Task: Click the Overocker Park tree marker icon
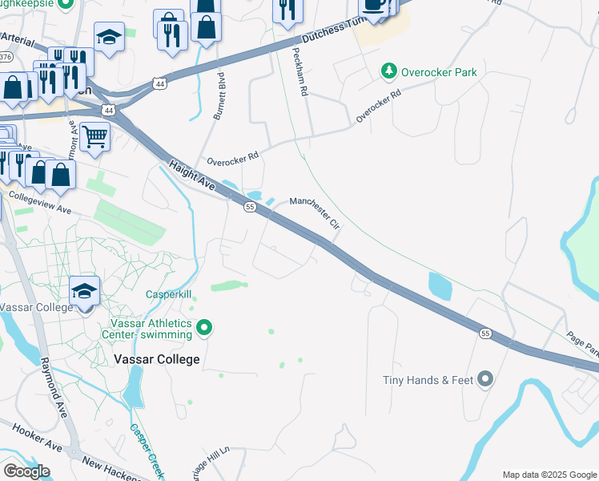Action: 389,72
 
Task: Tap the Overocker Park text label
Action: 439,73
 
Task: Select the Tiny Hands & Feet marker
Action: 484,379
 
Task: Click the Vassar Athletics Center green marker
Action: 204,327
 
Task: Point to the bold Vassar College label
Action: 157,359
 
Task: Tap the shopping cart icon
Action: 94,137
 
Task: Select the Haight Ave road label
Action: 193,174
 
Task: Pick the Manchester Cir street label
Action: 316,212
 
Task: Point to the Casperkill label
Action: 168,295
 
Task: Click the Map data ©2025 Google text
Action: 549,475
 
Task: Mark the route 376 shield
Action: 6,57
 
